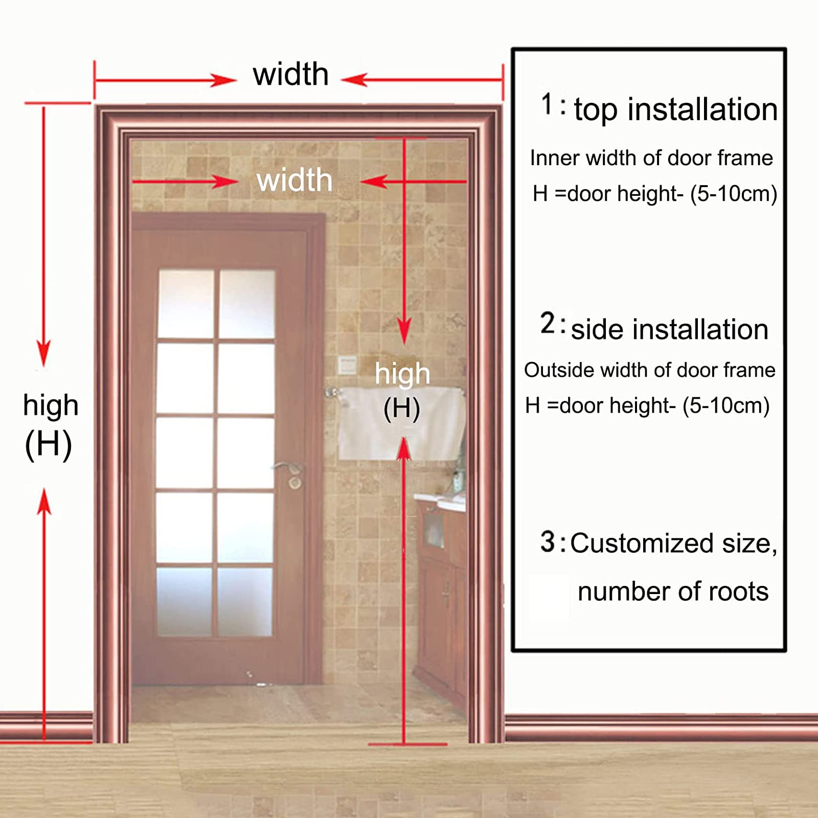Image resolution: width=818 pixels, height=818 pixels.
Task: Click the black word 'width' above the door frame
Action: tap(290, 75)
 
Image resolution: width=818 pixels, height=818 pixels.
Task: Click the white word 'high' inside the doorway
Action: tap(402, 374)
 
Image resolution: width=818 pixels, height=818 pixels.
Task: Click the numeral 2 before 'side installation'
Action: tap(548, 324)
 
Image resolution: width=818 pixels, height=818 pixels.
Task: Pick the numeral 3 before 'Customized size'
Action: tap(548, 542)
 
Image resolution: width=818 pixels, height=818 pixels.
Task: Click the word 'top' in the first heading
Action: tap(596, 110)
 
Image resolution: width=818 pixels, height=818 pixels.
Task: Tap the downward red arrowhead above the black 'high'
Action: tap(43, 353)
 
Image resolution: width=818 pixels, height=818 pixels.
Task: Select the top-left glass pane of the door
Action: tap(186, 304)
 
